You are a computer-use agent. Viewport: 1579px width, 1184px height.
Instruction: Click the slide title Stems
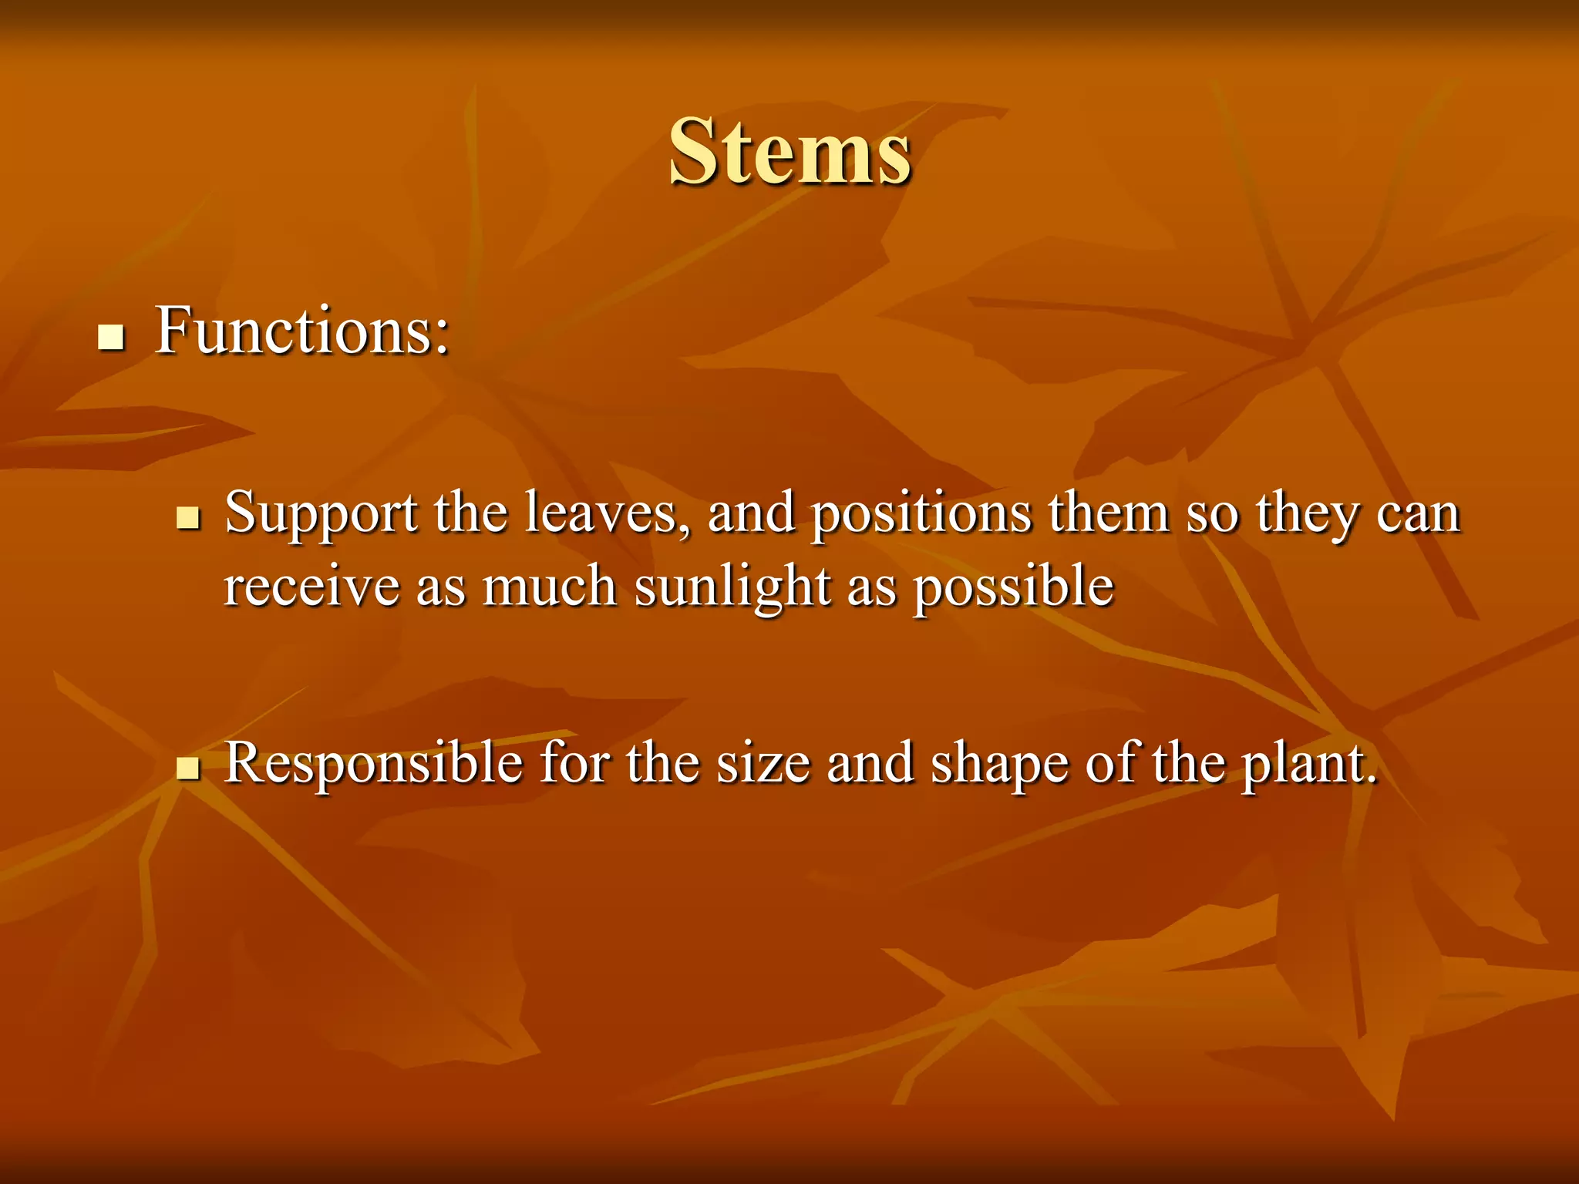coord(789,152)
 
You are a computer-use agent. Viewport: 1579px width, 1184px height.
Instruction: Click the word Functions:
coord(301,331)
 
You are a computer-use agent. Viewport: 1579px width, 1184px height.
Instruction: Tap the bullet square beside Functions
coord(112,338)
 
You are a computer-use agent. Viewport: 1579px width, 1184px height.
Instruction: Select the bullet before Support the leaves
coord(187,518)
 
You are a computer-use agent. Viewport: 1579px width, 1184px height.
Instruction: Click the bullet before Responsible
coord(187,769)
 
